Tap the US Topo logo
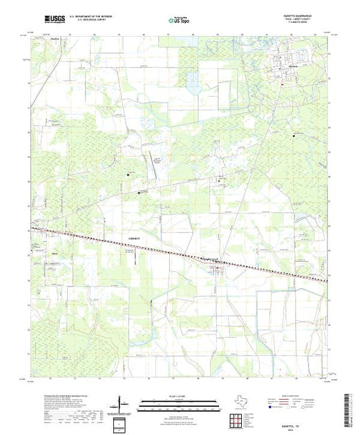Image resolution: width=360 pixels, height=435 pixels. click(x=179, y=21)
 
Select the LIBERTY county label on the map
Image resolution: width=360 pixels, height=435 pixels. click(x=138, y=236)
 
